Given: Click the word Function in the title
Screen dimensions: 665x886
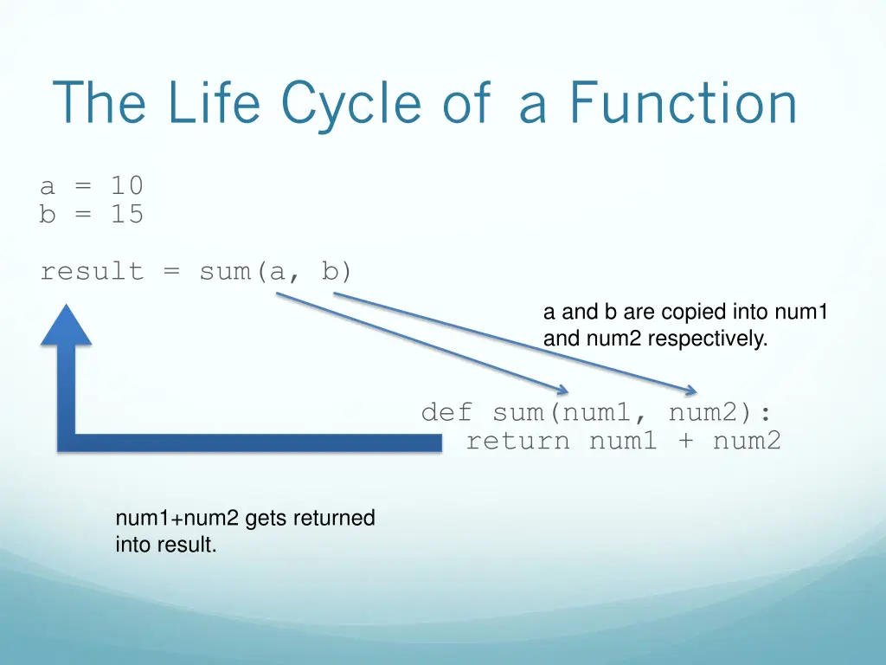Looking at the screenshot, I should pos(683,103).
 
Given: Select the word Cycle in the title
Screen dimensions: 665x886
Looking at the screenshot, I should pos(351,103).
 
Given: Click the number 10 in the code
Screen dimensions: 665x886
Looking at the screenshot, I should pos(126,185).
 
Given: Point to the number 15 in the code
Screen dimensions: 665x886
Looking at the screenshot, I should pos(126,214).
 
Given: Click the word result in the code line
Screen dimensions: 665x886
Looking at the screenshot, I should pos(92,272).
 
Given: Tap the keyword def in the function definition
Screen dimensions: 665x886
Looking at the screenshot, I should pos(446,412).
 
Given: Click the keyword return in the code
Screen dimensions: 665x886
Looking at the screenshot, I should pos(518,442).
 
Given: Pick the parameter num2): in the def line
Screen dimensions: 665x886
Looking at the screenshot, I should pos(721,412).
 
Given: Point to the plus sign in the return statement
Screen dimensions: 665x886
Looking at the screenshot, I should pos(684,442).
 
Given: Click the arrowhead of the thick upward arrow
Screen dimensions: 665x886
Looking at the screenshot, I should pos(66,324).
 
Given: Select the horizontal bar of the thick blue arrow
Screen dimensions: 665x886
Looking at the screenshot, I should pos(251,442).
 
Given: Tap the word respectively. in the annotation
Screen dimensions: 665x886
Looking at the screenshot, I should pos(707,339).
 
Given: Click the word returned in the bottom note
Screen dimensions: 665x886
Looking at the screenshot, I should pos(334,519).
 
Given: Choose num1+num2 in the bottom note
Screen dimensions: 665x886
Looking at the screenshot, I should pos(177,519).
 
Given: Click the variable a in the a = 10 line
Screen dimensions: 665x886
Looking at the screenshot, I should pos(48,186).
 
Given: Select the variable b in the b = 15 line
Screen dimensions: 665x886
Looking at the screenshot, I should pos(48,214).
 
